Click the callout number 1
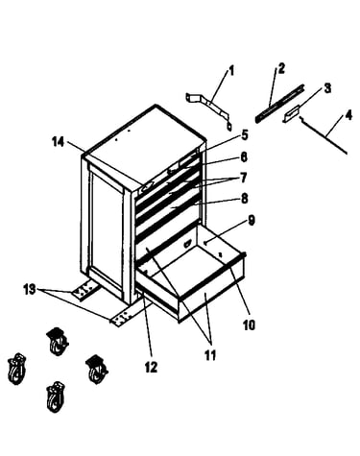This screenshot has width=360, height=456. click(x=231, y=71)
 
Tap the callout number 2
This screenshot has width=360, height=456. click(x=280, y=68)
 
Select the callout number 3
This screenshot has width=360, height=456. click(x=327, y=88)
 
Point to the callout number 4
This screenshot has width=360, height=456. click(x=348, y=115)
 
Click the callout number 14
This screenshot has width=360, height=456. click(x=59, y=142)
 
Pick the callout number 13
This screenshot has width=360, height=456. click(x=30, y=290)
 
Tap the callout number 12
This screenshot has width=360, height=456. click(x=151, y=367)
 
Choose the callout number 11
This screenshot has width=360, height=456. click(x=210, y=355)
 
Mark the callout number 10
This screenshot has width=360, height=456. click(x=249, y=324)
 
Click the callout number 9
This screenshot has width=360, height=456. click(x=251, y=220)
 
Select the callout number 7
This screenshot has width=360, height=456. click(x=243, y=178)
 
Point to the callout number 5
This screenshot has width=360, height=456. click(x=244, y=135)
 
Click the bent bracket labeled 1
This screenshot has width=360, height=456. click(x=208, y=109)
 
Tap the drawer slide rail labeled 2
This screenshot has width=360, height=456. click(x=279, y=104)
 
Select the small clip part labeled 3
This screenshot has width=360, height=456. click(x=291, y=113)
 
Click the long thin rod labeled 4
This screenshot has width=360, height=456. click(x=324, y=135)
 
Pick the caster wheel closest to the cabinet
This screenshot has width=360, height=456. click(x=97, y=369)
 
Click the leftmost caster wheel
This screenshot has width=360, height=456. click(x=16, y=369)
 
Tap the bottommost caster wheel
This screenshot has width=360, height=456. click(x=56, y=396)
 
